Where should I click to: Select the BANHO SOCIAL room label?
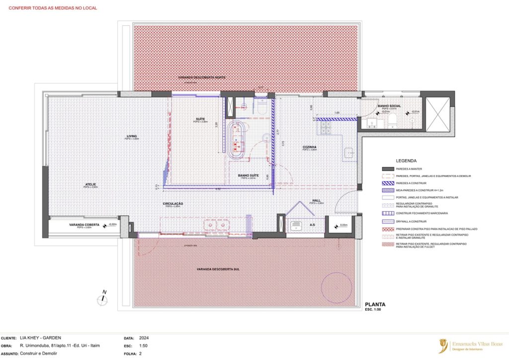coord(389,105)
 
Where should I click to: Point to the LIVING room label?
coord(132,136)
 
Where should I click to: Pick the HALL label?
coord(317,200)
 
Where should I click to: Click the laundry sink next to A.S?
coord(296,226)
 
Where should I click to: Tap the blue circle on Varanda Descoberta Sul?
coord(337,286)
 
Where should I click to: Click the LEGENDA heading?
coord(406,161)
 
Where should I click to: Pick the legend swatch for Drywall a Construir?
coord(387,221)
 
